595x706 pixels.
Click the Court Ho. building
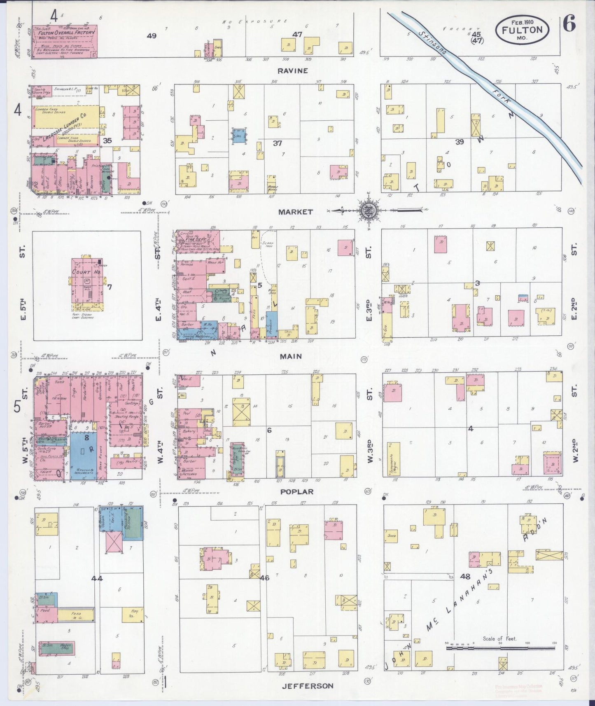pyautogui.click(x=87, y=284)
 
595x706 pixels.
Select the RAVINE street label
pyautogui.click(x=292, y=71)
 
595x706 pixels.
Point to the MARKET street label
pyautogui.click(x=295, y=212)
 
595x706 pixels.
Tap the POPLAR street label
pyautogui.click(x=297, y=491)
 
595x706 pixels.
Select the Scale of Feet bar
pyautogui.click(x=501, y=659)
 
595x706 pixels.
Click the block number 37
pyautogui.click(x=278, y=143)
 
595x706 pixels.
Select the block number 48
pyautogui.click(x=465, y=576)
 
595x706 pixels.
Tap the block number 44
pyautogui.click(x=97, y=578)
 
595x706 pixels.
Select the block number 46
pyautogui.click(x=264, y=578)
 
